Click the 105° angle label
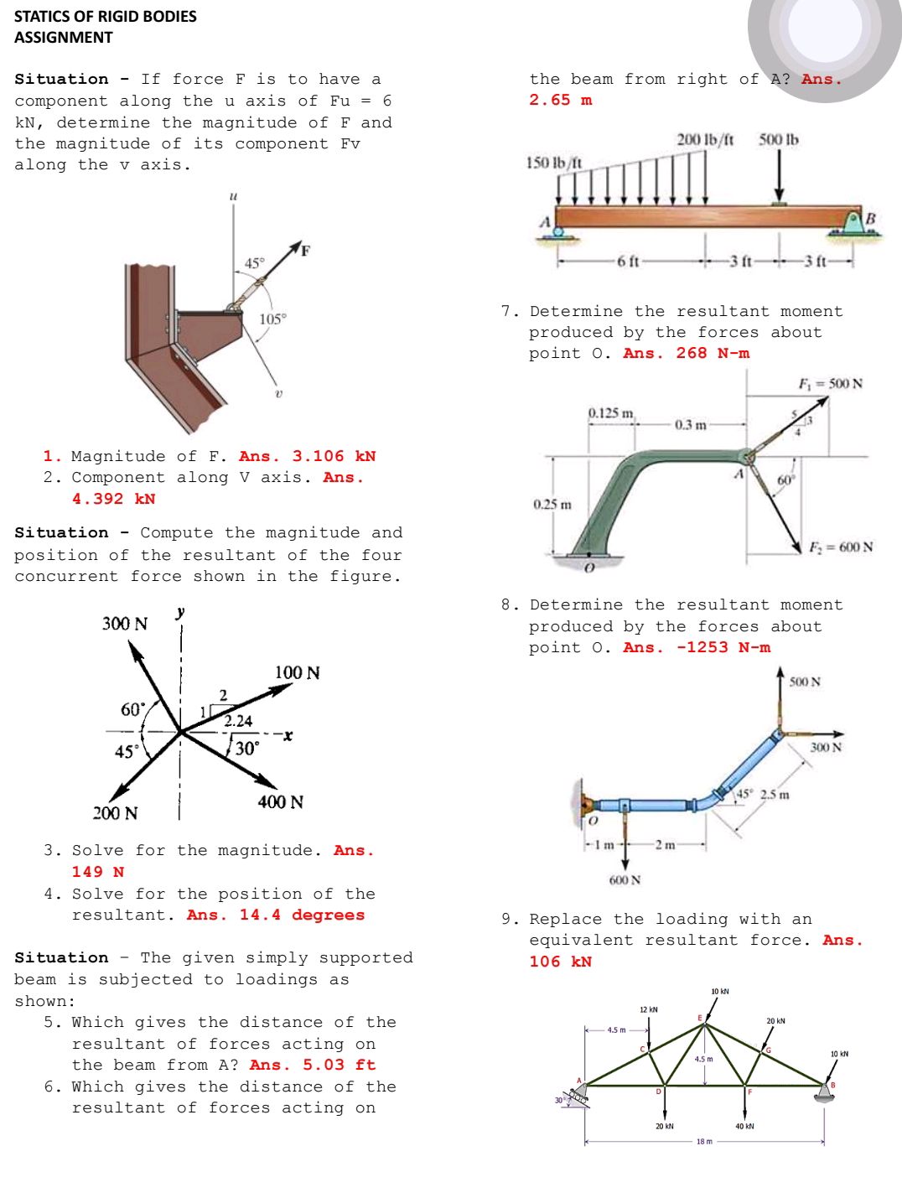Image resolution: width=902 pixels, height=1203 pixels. coord(273,319)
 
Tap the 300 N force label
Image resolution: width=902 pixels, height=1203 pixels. coord(124,624)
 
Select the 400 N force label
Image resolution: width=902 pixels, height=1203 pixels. coord(281,801)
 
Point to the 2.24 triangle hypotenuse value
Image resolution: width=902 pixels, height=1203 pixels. coord(238,721)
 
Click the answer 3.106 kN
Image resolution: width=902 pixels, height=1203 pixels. coord(334,456)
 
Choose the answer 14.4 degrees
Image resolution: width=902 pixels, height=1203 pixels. coord(302,915)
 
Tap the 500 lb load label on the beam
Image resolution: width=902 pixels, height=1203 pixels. coord(779,140)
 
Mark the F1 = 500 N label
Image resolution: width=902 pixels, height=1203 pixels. coord(830,383)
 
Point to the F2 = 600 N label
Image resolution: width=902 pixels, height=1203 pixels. coord(841,547)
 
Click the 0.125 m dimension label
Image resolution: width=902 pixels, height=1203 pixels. coord(611,412)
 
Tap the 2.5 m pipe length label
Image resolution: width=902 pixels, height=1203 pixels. coord(775,794)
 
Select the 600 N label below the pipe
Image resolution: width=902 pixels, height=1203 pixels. coord(625,880)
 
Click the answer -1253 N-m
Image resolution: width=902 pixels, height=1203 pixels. coord(723,647)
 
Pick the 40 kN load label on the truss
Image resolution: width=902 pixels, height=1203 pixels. coord(744,1126)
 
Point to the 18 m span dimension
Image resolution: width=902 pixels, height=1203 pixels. coord(704,1142)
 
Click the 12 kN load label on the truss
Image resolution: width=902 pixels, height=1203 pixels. coord(649,1009)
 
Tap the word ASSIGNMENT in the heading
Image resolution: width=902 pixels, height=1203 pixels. coord(64,37)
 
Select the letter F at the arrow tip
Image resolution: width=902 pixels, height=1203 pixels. coord(306,251)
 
